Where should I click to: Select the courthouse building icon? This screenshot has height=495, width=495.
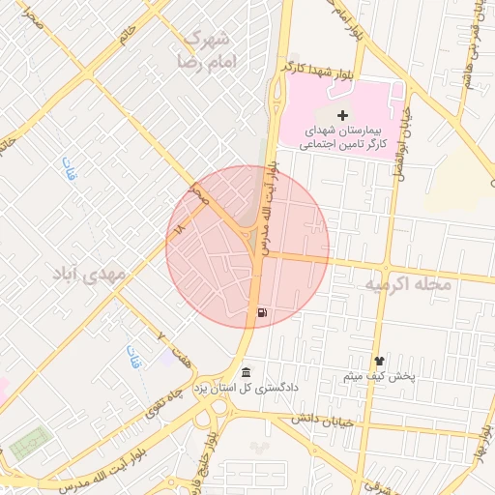(x=246, y=373)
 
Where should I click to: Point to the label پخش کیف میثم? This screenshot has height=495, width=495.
(x=380, y=377)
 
